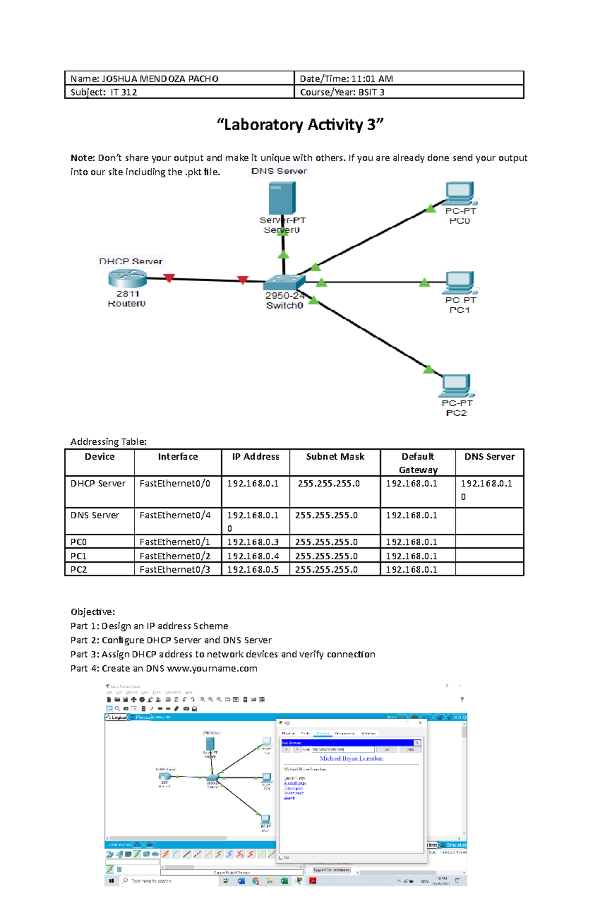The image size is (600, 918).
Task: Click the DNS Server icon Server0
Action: pos(282,198)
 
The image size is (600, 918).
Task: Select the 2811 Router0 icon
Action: pos(127,278)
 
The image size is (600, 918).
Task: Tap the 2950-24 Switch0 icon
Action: pos(284,282)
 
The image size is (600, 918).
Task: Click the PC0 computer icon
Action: pos(460,193)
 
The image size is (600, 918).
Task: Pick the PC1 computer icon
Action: pos(460,282)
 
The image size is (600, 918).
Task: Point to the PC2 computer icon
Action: pos(456,385)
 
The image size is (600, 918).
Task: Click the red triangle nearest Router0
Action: pos(169,278)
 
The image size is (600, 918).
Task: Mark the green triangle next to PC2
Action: pos(428,370)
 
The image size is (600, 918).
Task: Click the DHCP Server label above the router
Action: pos(130,261)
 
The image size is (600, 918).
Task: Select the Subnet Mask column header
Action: pos(335,457)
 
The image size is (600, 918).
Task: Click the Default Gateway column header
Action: pos(418,463)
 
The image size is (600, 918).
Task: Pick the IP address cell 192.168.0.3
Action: pos(253,542)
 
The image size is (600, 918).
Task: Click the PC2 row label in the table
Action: pos(78,569)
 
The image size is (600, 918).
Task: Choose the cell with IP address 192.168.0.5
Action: pos(253,569)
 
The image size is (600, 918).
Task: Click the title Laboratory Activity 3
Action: pos(300,125)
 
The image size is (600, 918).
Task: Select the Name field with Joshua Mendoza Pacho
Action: pos(144,79)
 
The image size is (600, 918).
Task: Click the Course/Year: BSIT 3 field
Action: pos(342,92)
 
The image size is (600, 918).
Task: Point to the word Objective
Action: pos(92,612)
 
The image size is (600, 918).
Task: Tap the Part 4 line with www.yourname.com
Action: pos(164,668)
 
